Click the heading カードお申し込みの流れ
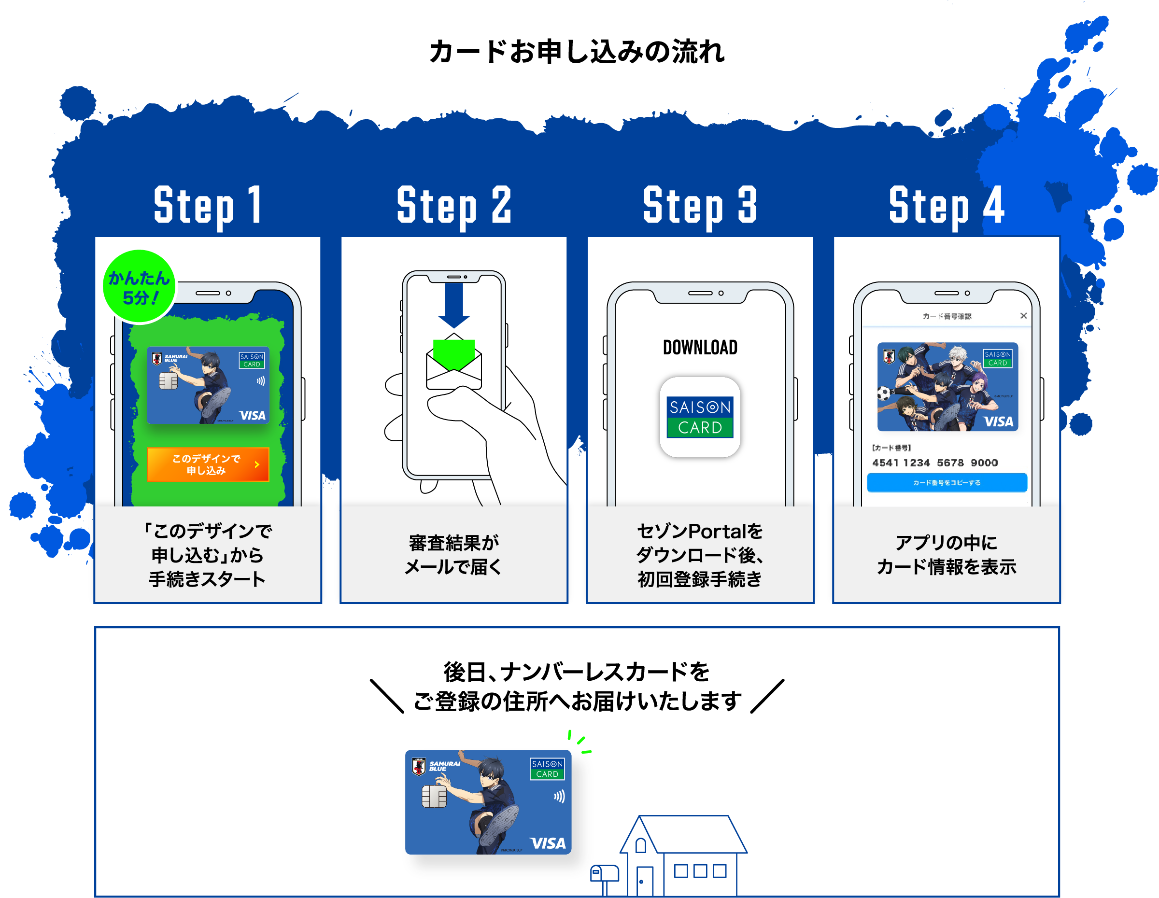(x=577, y=52)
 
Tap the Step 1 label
(x=208, y=206)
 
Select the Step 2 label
(x=454, y=206)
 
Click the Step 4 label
(x=946, y=206)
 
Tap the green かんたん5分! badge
(x=139, y=287)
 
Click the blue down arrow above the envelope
(x=454, y=305)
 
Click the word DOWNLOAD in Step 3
(x=700, y=348)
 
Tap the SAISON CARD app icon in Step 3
(x=700, y=417)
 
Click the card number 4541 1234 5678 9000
(x=934, y=463)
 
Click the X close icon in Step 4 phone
(x=1024, y=316)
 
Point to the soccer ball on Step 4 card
(x=884, y=393)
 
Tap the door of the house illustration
(x=645, y=881)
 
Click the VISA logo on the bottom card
(x=548, y=843)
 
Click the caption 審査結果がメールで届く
(x=454, y=555)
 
